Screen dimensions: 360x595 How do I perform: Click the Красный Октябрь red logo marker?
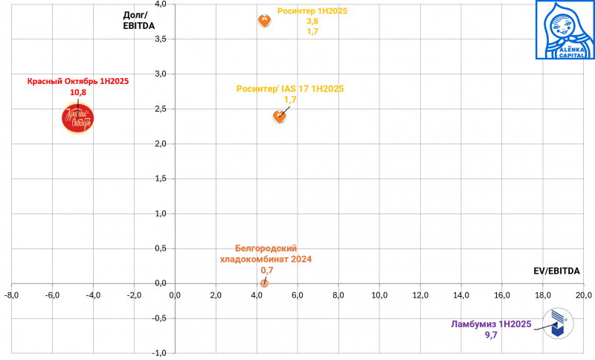pos(77,118)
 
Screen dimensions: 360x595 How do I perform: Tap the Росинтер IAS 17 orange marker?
pos(280,116)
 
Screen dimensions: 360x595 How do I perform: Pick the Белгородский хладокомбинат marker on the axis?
pos(264,283)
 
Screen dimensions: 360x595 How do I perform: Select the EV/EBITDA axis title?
pos(556,270)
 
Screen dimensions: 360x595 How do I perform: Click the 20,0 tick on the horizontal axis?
pos(584,295)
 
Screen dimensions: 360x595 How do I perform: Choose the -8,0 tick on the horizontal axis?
pos(12,295)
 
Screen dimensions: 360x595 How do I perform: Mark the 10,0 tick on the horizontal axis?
pos(379,295)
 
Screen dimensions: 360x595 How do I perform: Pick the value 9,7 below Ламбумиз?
pos(491,335)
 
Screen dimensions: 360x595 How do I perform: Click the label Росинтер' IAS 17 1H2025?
pos(290,89)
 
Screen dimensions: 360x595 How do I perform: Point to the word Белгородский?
pos(266,248)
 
